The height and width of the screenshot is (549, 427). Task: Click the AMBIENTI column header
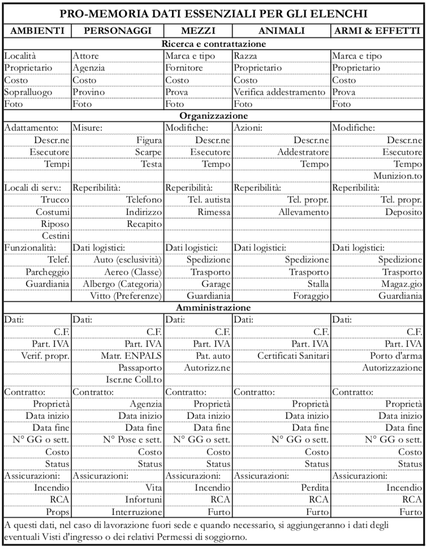[37, 30]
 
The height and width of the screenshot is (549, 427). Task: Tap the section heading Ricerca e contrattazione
[213, 44]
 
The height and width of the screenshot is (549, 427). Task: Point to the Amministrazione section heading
[213, 307]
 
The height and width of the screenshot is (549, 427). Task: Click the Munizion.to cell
[398, 176]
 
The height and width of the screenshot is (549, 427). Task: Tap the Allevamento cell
[303, 212]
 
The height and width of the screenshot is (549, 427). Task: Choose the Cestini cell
[56, 235]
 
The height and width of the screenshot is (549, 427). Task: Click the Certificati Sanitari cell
[293, 355]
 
